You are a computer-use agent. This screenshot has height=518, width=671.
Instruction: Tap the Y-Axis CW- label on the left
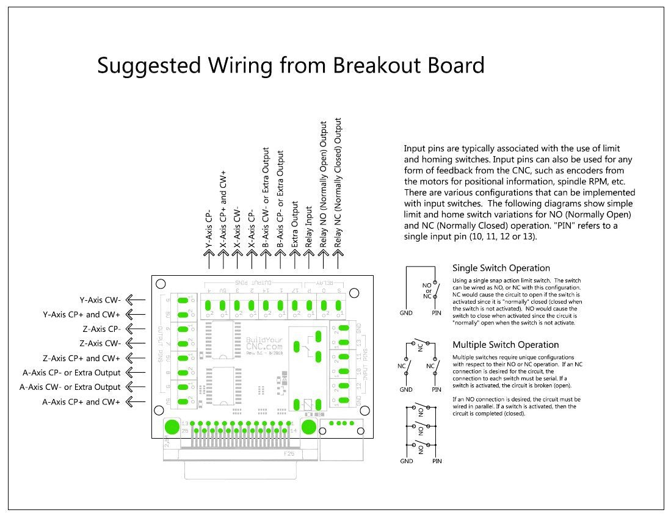coord(100,300)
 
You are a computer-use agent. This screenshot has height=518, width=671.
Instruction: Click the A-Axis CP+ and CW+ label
coord(81,401)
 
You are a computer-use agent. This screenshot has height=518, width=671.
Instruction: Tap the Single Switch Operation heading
coord(501,268)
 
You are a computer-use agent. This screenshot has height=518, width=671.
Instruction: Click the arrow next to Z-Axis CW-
coord(137,344)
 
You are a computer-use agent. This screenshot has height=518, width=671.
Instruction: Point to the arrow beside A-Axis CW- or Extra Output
coord(137,387)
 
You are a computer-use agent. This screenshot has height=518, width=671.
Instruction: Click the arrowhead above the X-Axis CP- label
coord(251,262)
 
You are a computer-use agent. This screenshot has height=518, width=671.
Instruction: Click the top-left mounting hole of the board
coord(160,284)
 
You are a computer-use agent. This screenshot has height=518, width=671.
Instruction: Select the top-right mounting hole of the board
coord(365,284)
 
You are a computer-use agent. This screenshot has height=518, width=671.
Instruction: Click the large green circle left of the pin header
coord(172,426)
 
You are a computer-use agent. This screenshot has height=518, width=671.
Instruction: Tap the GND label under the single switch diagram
coord(406,313)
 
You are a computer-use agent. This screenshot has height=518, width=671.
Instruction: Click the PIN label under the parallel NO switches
coord(437,461)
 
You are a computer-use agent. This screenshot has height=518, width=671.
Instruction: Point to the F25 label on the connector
coord(289,454)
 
